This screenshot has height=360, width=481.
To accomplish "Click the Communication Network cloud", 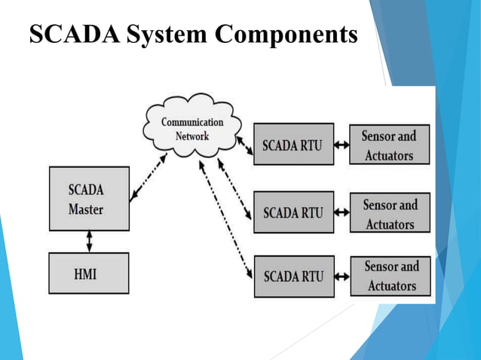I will coord(192,128).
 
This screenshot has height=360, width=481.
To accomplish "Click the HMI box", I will coord(88,273).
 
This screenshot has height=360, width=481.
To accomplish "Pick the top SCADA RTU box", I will coord(293,145).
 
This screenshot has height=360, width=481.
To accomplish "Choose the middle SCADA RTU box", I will coord(293,212).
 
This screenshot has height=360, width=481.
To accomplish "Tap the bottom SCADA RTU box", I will coord(293,276).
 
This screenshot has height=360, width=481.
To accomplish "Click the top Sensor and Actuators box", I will coord(389,145).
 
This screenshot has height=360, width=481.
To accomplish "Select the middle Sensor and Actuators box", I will coord(389,214).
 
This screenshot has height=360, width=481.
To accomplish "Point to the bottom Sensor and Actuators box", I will coord(391,276).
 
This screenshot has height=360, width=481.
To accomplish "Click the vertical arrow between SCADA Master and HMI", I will coord(89,241).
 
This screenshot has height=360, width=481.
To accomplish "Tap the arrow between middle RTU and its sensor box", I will coord(341,213).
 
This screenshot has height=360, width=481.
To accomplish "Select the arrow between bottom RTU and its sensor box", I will coord(342,277).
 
